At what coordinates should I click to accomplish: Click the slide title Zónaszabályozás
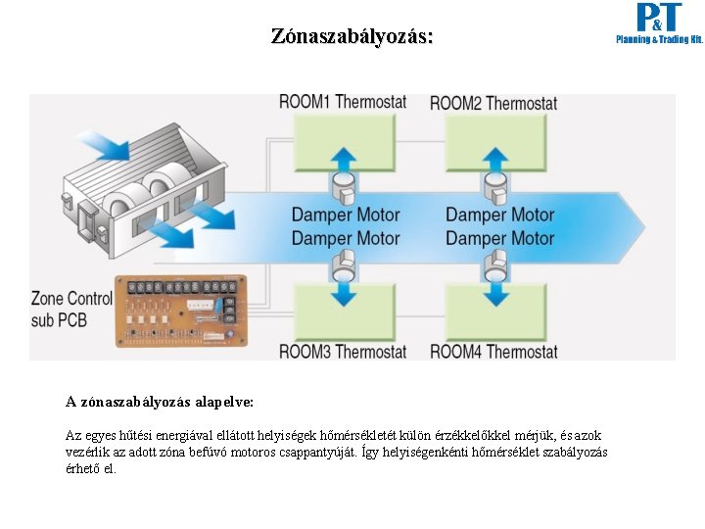coord(352,37)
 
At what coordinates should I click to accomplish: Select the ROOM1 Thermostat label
coord(343,102)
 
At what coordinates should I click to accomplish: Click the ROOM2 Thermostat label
coord(493,103)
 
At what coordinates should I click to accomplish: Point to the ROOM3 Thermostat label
coord(343,351)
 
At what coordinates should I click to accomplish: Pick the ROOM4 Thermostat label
coord(493,351)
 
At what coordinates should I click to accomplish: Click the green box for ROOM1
coord(343,142)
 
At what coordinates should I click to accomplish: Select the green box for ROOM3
coord(343,312)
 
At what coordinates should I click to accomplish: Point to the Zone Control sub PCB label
coord(71,309)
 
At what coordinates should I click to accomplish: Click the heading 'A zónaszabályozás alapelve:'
coord(160,402)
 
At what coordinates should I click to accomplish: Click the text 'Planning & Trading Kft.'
coord(659,40)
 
